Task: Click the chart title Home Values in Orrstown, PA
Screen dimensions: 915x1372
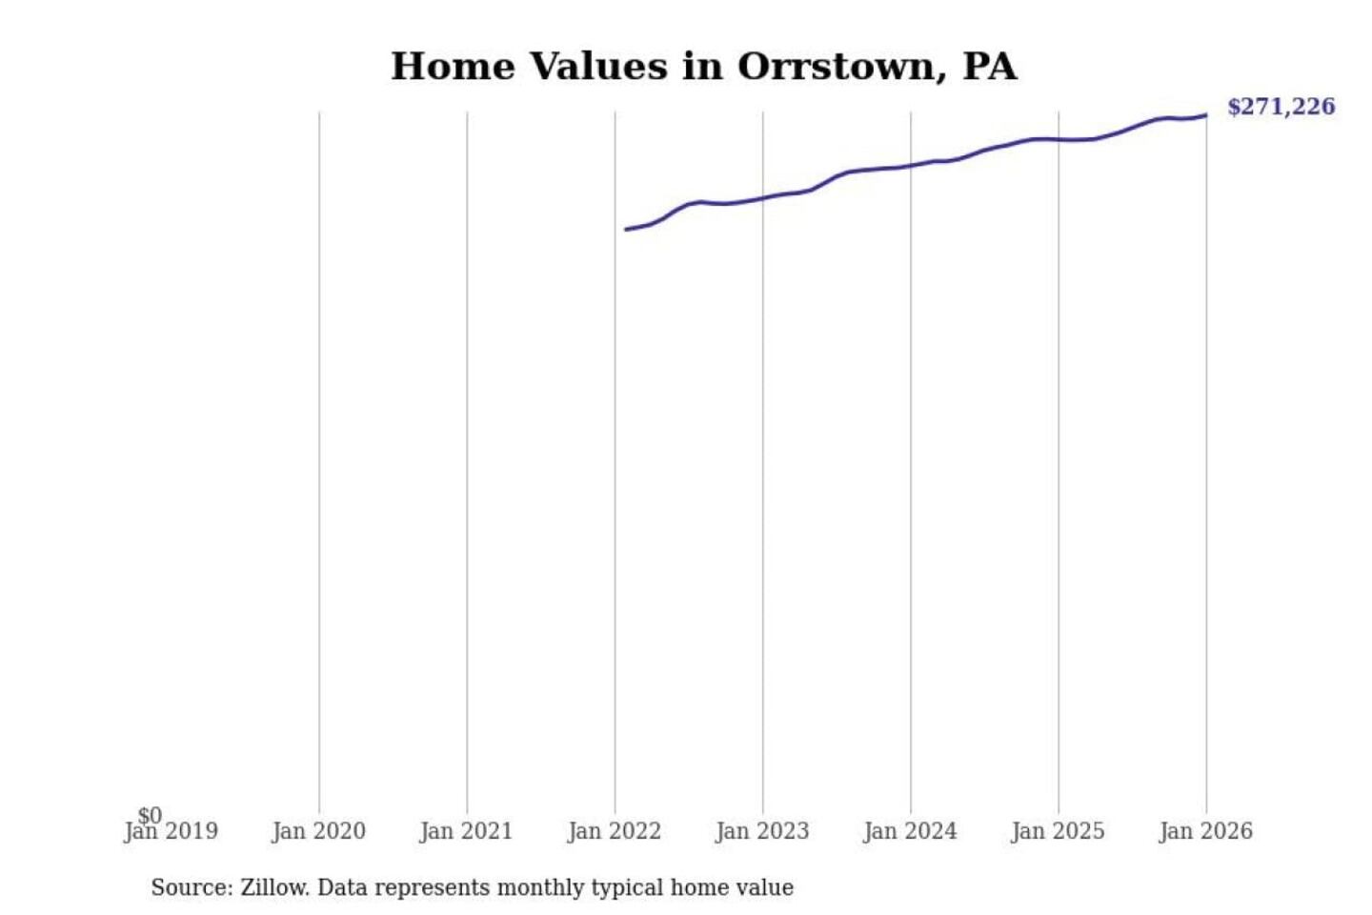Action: (x=704, y=67)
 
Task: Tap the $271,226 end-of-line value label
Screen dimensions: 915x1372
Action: (x=1281, y=107)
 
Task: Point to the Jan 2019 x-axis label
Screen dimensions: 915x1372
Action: (x=171, y=832)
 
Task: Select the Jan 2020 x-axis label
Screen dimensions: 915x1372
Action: (x=318, y=832)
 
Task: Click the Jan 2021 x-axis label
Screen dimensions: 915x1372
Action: (x=466, y=832)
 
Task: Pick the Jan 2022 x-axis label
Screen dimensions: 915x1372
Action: (x=615, y=832)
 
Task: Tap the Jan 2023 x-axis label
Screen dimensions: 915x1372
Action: (x=762, y=832)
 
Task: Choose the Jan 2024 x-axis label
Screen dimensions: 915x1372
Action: (x=910, y=832)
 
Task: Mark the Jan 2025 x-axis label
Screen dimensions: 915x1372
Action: (x=1058, y=832)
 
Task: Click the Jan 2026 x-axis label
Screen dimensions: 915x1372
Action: (x=1205, y=832)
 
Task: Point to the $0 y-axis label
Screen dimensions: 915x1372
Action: (x=150, y=815)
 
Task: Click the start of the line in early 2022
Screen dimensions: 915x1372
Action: (x=627, y=229)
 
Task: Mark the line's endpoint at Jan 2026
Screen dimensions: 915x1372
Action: (x=1205, y=115)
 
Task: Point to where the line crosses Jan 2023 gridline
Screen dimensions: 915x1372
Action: (x=762, y=198)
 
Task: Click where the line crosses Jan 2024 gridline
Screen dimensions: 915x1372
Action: (x=910, y=166)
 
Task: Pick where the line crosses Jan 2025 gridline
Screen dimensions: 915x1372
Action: (x=1058, y=139)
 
